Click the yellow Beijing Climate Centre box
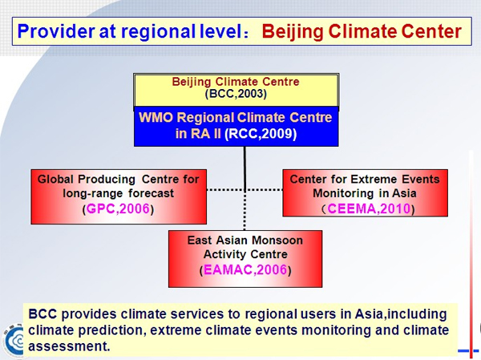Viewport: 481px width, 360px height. coord(236,91)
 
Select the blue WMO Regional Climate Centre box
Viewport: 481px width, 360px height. coord(236,126)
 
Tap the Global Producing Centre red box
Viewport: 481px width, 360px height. coord(119,196)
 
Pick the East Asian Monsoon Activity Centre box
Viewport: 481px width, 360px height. coord(245,259)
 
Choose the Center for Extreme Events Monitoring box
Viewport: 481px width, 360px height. coord(365,193)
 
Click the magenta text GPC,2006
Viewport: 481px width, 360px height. coord(118,208)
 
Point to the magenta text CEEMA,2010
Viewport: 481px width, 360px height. coord(369,208)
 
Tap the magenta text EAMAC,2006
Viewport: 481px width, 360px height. coord(245,270)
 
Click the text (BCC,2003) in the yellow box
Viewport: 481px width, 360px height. coord(236,94)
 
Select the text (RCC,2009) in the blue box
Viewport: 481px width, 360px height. coord(261,134)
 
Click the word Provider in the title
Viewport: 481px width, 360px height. coord(56,31)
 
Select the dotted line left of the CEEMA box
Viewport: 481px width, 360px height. coord(264,190)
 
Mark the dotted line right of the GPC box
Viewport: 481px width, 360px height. coord(226,190)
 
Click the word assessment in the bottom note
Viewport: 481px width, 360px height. coord(69,346)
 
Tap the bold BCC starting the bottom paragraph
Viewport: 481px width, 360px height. coord(42,314)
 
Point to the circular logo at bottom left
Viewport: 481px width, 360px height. coord(13,340)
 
